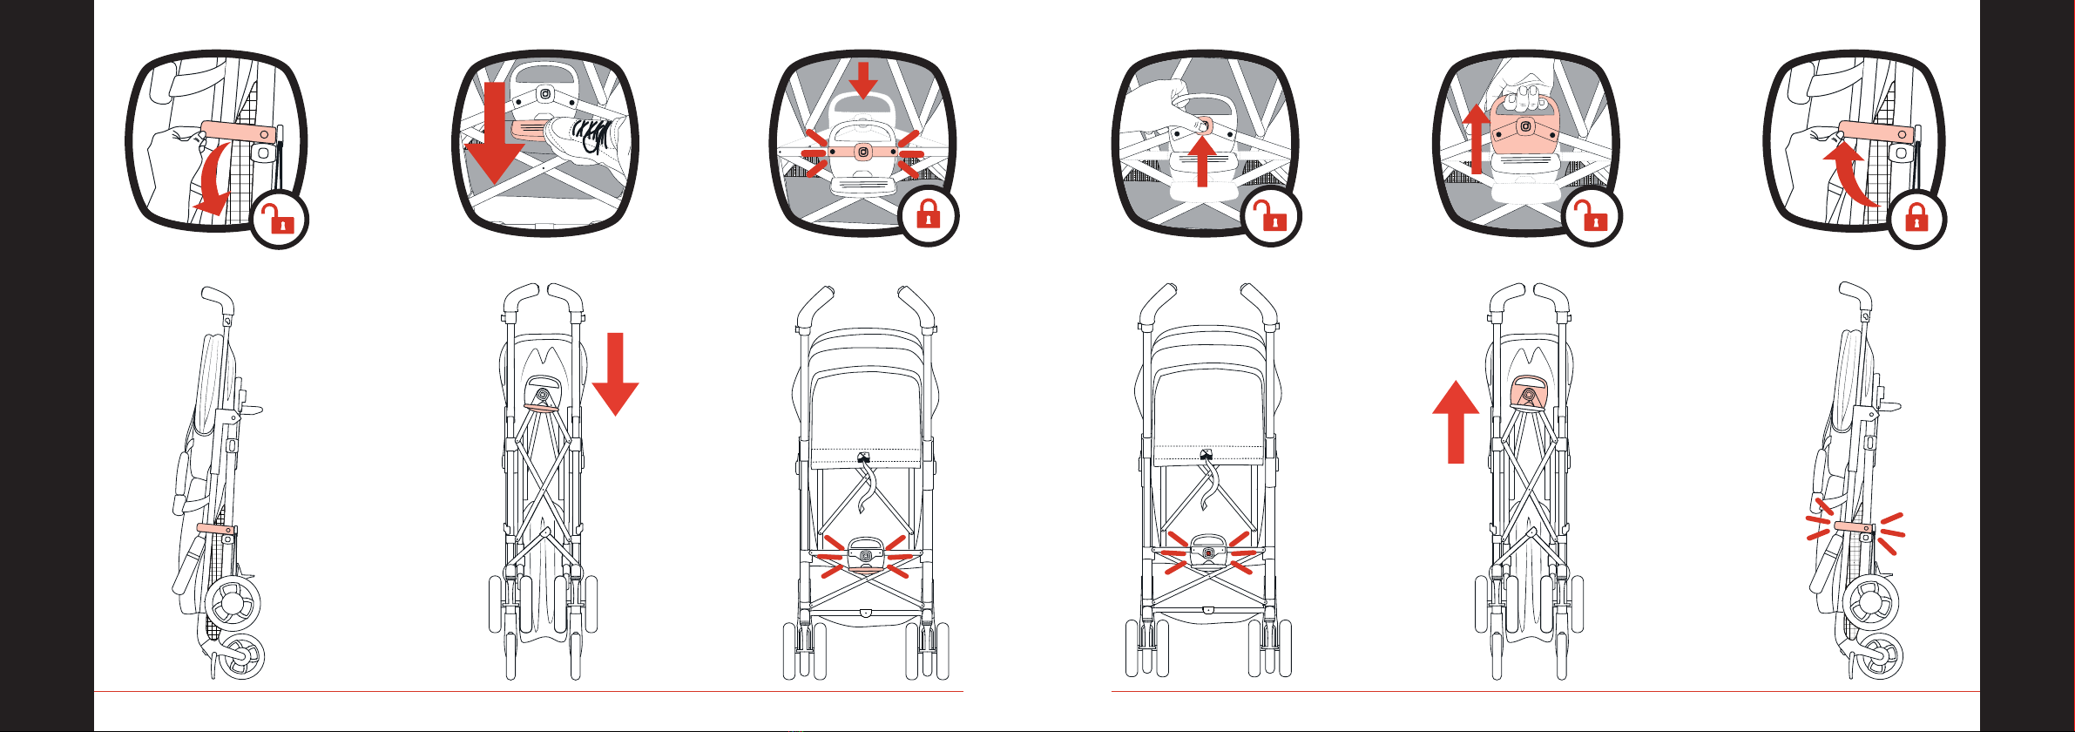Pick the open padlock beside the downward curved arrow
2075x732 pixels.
(280, 220)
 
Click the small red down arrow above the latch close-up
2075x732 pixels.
(862, 80)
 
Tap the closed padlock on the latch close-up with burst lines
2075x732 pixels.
(929, 214)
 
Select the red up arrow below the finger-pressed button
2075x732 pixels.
(1202, 161)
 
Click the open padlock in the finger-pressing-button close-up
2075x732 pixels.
(1272, 217)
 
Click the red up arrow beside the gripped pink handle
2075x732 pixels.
(1476, 139)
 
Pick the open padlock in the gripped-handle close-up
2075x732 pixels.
(1592, 217)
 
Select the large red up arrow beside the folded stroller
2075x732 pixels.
(1455, 422)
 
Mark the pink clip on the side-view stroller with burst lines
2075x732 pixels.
(1853, 527)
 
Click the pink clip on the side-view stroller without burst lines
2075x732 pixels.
(214, 528)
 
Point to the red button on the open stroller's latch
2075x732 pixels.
(1207, 553)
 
